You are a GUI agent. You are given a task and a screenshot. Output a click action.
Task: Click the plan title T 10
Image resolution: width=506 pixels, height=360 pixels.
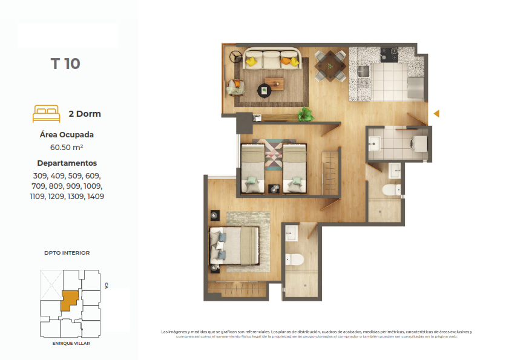click(x=65, y=64)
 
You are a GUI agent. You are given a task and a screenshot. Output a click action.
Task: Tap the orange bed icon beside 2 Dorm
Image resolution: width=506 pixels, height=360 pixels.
click(x=47, y=114)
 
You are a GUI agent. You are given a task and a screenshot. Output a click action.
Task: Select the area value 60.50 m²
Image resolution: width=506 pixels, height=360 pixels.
click(x=67, y=148)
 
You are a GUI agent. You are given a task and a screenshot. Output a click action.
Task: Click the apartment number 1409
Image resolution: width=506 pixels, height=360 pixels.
click(x=96, y=197)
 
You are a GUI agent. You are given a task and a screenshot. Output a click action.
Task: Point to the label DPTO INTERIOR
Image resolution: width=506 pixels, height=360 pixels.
click(x=67, y=253)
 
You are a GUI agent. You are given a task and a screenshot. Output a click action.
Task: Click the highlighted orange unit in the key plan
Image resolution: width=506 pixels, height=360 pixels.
click(x=70, y=300)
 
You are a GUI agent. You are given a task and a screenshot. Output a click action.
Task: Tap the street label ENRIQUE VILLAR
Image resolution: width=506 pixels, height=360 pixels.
click(x=71, y=343)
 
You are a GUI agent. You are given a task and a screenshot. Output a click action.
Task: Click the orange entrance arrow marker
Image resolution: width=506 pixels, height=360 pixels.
click(x=436, y=114)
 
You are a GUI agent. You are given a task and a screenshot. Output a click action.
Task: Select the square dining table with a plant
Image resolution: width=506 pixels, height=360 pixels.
click(x=330, y=66)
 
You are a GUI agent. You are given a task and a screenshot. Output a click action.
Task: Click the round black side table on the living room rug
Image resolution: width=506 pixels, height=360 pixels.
click(x=264, y=90)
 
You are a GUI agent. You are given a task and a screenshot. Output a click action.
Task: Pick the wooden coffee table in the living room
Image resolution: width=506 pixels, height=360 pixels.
click(x=274, y=84)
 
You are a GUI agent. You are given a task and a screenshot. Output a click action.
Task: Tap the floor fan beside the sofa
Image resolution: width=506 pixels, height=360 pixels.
click(x=235, y=57)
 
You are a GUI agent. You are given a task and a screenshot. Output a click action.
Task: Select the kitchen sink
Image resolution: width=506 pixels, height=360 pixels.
click(x=363, y=71)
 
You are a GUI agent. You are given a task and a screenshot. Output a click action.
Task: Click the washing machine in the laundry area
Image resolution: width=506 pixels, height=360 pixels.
click(x=419, y=143)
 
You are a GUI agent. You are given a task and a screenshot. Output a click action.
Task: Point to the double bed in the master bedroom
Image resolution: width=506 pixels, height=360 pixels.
click(x=234, y=246)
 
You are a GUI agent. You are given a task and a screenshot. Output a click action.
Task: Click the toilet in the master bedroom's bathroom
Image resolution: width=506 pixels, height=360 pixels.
click(x=294, y=260)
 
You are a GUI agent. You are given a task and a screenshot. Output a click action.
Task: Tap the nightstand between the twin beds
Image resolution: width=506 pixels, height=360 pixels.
click(x=274, y=189)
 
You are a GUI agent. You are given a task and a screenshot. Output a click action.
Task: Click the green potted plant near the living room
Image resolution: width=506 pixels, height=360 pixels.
click(x=305, y=114)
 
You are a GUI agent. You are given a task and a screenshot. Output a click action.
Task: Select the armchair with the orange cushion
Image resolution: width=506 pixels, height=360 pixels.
click(x=235, y=87)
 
